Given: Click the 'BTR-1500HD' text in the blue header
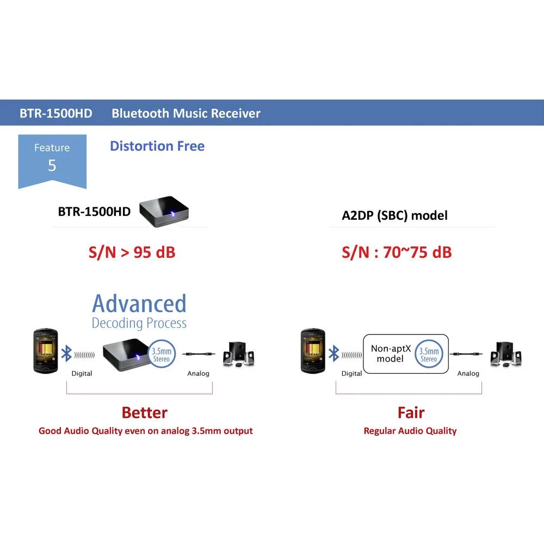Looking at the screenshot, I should point(56,114).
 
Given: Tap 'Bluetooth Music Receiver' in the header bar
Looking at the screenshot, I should point(186,114).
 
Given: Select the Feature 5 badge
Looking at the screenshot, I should point(52,159).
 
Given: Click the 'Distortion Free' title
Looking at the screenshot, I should point(157,146).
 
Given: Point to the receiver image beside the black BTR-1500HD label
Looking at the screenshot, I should point(166,209).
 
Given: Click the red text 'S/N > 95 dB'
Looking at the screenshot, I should point(132,252).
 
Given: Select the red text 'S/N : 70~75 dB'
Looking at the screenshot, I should point(397,252).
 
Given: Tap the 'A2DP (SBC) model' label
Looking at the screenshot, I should point(394,215).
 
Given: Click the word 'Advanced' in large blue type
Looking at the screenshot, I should point(139,304).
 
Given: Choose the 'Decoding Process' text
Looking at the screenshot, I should point(139,323).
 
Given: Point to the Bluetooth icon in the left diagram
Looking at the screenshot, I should point(66,354).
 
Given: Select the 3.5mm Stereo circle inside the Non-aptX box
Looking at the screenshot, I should point(429,354).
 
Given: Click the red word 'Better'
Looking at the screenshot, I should point(145,412).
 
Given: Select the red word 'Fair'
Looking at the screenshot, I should point(411,412).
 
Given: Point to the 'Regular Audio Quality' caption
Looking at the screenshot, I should point(410,431).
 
